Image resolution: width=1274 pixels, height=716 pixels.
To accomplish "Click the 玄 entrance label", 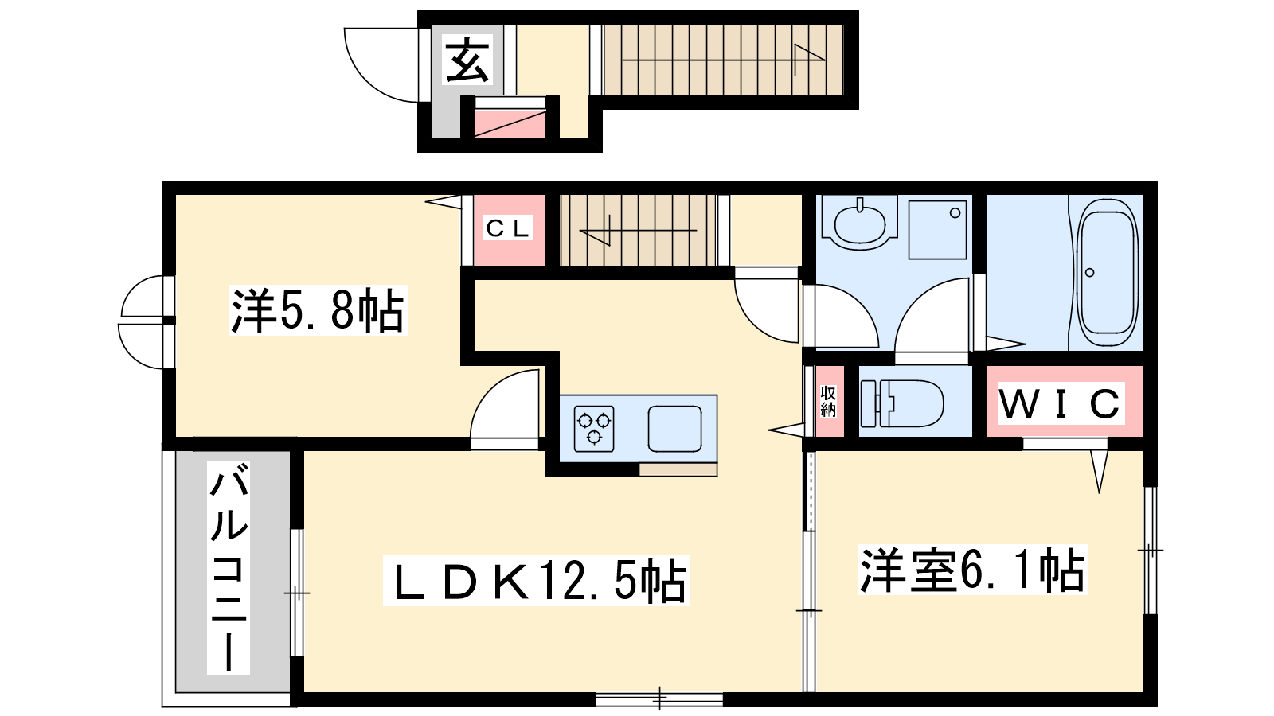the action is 467,60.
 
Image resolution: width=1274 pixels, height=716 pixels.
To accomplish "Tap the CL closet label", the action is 508,228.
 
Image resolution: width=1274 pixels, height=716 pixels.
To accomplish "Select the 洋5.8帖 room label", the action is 318,310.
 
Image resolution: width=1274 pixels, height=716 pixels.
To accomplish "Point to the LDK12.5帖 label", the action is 537,581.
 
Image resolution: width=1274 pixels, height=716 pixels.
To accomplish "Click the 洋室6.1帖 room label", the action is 972,570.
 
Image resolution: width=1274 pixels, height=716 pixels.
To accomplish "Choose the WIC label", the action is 1060,404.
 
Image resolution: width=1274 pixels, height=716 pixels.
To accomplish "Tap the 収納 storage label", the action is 828,402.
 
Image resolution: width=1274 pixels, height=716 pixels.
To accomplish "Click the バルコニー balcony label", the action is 229,568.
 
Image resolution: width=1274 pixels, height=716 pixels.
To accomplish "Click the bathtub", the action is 1106,273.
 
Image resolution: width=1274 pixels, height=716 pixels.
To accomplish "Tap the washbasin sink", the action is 860,224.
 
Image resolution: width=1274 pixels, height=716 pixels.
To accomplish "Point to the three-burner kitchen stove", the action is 594,429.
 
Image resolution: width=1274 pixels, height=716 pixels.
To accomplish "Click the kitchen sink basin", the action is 674,429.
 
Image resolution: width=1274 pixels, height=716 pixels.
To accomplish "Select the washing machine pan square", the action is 937,229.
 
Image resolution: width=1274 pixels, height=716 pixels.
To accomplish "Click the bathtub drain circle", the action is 1090,273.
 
